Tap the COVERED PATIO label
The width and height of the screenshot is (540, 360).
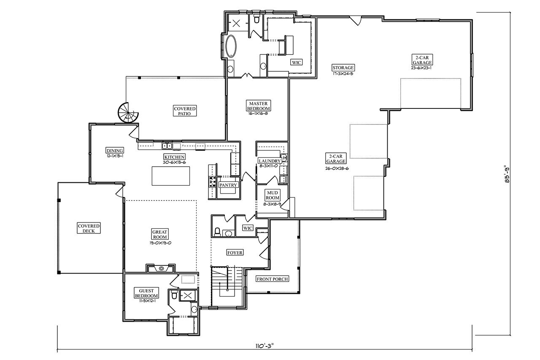click(185, 111)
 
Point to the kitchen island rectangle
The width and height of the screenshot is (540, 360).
click(170, 176)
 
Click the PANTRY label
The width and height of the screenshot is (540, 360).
click(229, 185)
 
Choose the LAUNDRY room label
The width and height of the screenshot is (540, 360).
click(270, 161)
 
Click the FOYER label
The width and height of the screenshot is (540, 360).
click(235, 253)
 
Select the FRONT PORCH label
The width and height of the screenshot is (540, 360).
click(272, 279)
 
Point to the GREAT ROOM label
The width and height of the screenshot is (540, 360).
click(160, 234)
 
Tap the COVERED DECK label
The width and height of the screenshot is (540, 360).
click(89, 228)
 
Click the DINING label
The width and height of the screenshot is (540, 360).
click(114, 151)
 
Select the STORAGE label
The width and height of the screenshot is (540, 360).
click(343, 68)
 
